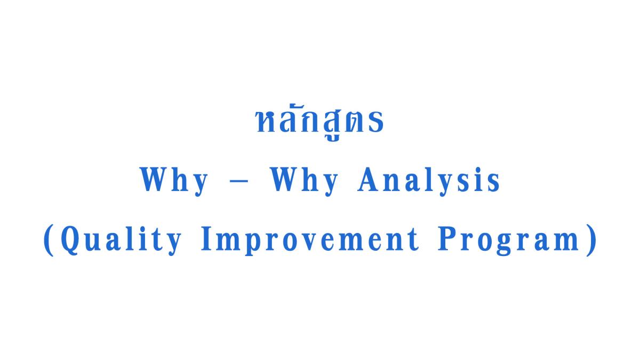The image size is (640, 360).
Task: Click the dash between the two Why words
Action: point(239,181)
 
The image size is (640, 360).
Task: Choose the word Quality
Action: point(121,241)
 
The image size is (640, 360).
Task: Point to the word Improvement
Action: point(310,241)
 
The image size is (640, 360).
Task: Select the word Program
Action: point(509,241)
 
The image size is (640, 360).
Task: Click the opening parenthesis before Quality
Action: point(49,240)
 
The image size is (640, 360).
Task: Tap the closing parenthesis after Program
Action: point(591,240)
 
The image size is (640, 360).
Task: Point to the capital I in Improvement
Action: point(206,238)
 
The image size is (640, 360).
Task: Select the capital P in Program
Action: point(447,238)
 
